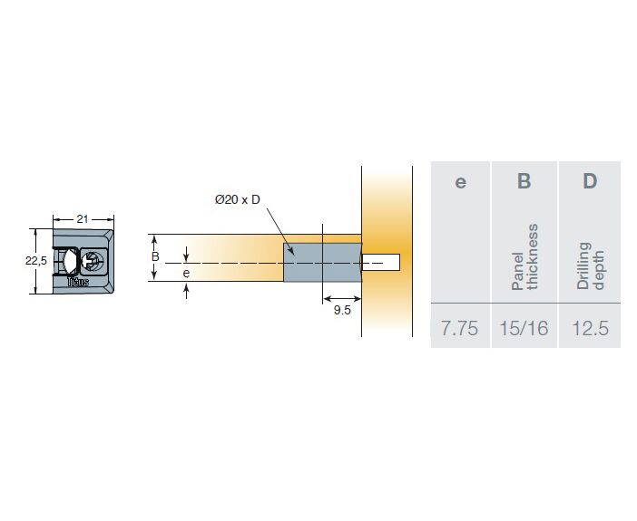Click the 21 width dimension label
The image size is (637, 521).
pyautogui.click(x=83, y=219)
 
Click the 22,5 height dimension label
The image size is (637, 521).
pyautogui.click(x=36, y=261)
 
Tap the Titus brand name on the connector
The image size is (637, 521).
pyautogui.click(x=78, y=282)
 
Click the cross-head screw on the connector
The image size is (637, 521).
pyautogui.click(x=93, y=260)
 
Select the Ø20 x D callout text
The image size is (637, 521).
pyautogui.click(x=237, y=199)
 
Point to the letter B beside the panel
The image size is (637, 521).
pyautogui.click(x=155, y=256)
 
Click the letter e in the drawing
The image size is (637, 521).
pyautogui.click(x=186, y=273)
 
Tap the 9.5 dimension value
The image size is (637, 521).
pyautogui.click(x=342, y=310)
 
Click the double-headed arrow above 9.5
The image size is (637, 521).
pyautogui.click(x=342, y=299)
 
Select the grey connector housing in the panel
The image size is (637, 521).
pyautogui.click(x=322, y=263)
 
